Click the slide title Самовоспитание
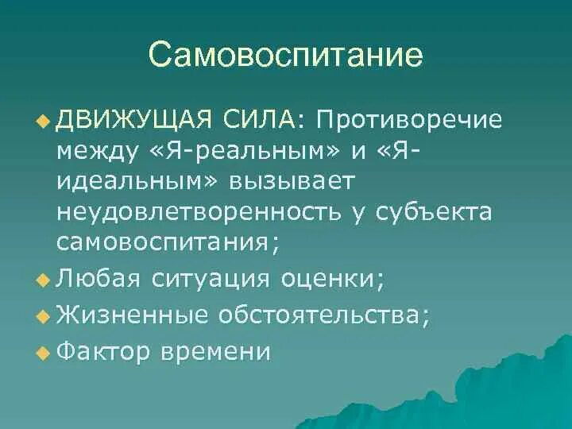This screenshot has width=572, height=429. pyautogui.click(x=285, y=56)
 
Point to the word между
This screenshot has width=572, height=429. pyautogui.click(x=93, y=150)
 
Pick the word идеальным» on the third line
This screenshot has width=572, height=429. pyautogui.click(x=135, y=181)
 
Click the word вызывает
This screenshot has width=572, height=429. pyautogui.click(x=297, y=181)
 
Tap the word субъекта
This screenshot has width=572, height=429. pyautogui.click(x=445, y=212)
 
